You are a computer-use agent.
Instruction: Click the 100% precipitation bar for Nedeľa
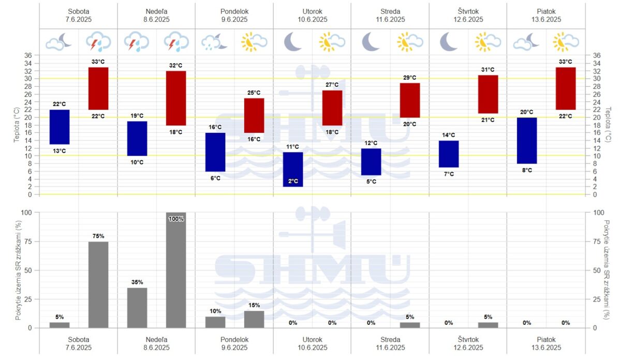pos(176,270)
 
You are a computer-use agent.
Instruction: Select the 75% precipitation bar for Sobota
pos(98,284)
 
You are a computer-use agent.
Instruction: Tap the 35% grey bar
pos(137,308)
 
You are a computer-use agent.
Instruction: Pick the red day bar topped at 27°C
pos(332,108)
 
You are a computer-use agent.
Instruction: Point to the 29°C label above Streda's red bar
pos(410,78)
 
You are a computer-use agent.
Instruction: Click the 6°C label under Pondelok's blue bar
pos(215,178)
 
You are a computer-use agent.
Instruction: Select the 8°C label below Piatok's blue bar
pos(527,170)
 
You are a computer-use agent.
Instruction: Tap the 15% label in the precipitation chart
pos(254,305)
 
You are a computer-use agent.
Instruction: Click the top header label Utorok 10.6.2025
pos(312,16)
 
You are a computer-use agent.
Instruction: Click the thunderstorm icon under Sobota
pos(98,42)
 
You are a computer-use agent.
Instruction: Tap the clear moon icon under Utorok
pos(293,41)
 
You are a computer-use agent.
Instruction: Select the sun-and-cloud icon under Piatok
pos(565,42)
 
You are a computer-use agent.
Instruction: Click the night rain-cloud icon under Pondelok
pos(215,42)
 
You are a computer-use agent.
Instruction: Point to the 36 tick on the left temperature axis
pos(28,55)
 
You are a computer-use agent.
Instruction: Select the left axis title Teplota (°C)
pos(18,125)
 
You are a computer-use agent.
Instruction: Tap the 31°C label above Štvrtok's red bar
pos(487,70)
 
